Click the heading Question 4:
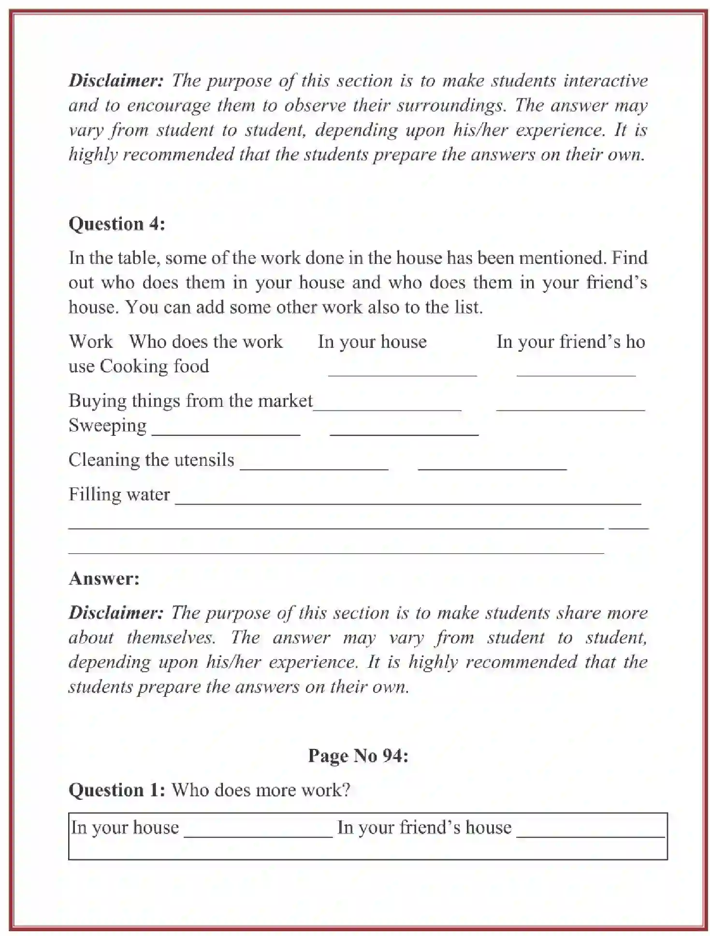116,224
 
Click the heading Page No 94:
358,755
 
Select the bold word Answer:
104,578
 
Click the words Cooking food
154,366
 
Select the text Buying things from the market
190,401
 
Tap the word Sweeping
107,425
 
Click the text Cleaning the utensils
151,460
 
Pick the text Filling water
119,494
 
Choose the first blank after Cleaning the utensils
314,468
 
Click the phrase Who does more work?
261,790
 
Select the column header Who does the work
205,342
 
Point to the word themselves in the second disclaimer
171,637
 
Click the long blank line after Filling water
407,503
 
